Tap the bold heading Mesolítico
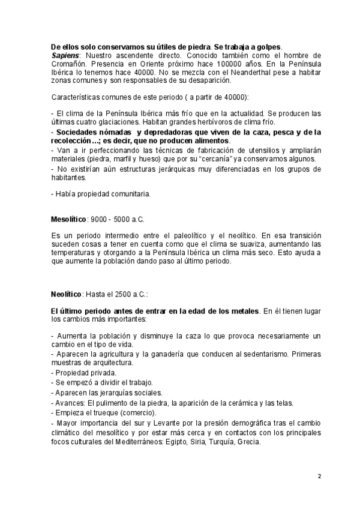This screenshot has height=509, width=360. coord(69,219)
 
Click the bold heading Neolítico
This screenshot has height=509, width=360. coord(66,295)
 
